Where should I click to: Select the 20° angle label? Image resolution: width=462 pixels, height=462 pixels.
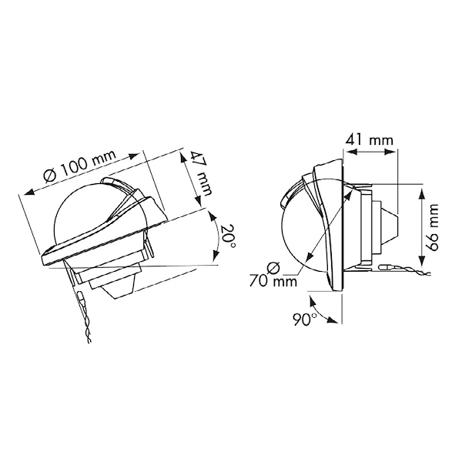228,236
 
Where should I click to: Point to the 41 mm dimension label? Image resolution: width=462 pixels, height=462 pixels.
370,139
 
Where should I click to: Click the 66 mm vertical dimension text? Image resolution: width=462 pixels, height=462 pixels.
431,228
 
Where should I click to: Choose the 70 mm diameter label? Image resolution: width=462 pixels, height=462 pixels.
273,281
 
